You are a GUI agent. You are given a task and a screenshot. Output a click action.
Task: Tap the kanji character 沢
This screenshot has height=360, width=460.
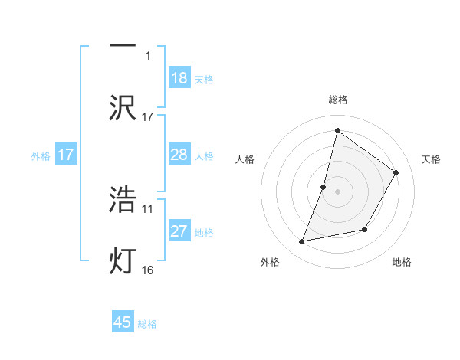(x=123, y=107)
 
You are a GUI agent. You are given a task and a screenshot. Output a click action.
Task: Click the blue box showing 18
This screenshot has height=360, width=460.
(x=179, y=78)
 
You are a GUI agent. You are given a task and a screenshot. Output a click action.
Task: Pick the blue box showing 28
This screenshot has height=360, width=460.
(x=179, y=155)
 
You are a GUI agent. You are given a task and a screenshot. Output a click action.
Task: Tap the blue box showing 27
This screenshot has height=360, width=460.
(x=179, y=231)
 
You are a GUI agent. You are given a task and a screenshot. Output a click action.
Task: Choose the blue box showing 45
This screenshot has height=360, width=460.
(x=123, y=322)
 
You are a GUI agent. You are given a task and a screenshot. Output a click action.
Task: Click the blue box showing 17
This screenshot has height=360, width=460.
(x=66, y=155)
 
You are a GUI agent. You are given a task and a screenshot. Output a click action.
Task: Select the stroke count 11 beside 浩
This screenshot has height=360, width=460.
(x=148, y=208)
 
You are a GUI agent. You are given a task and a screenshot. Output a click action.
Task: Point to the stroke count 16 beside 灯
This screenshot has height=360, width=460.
(x=148, y=270)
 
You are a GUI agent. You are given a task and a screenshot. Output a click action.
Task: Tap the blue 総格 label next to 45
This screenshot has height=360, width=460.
(x=147, y=324)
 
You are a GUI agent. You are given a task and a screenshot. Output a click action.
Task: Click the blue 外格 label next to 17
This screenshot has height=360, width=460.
(x=41, y=156)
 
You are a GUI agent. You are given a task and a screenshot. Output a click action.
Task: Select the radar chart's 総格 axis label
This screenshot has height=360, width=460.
(x=338, y=100)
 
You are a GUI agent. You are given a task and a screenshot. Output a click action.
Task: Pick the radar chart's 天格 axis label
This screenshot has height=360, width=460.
(x=431, y=159)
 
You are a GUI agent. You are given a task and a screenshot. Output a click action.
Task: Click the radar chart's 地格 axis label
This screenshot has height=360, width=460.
(x=402, y=262)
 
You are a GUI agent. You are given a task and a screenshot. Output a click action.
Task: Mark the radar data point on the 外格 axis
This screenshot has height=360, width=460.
(x=302, y=242)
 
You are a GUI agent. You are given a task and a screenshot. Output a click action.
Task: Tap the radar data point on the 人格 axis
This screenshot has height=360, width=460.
(x=324, y=187)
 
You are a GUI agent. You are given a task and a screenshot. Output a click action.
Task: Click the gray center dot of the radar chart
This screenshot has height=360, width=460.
(x=338, y=191)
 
